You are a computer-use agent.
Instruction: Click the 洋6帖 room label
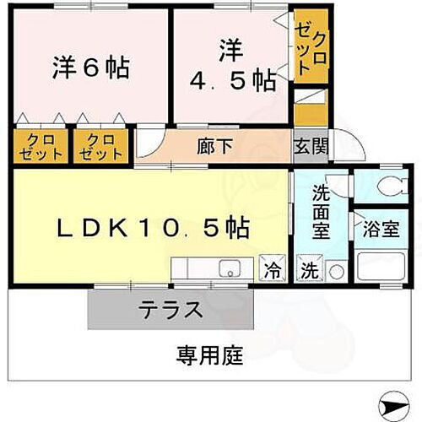coord(93,68)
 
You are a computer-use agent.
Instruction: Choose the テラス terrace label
coord(170,310)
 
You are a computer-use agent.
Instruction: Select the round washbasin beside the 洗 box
coord(335,272)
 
